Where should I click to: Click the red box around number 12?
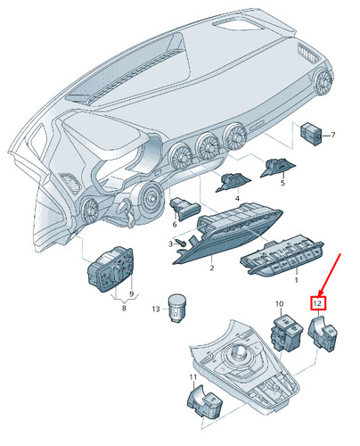point(318,303)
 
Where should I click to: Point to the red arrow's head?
point(319,293)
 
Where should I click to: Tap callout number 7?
point(332,135)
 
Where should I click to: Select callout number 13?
point(156,310)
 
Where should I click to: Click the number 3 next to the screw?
point(170,244)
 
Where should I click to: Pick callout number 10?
point(280,304)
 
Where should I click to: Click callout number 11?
point(193,377)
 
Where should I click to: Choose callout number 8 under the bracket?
point(124,308)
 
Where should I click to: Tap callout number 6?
point(175,224)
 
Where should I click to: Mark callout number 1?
point(296,280)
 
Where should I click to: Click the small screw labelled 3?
point(183,244)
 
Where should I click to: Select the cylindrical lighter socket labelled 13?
point(177,308)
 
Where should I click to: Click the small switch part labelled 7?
point(312,135)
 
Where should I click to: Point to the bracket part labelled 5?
point(278,168)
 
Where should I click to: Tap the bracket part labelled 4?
point(233,182)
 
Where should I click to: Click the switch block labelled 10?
point(287,333)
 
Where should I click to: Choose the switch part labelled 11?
point(204,401)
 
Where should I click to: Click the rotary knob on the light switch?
point(115,272)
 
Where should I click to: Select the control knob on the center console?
point(238,352)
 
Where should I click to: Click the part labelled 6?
point(184,209)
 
